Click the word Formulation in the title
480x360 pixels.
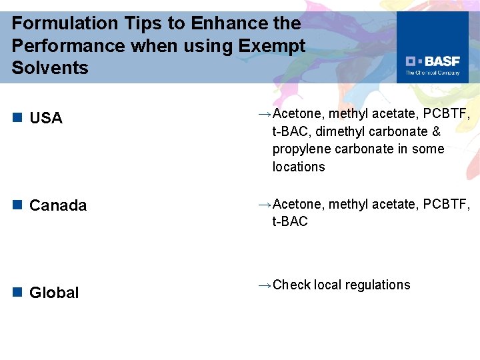pyautogui.click(x=55, y=23)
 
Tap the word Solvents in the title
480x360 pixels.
pyautogui.click(x=50, y=68)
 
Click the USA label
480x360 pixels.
pyautogui.click(x=46, y=119)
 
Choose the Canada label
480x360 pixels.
pyautogui.click(x=58, y=206)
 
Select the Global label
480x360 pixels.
pyautogui.click(x=54, y=293)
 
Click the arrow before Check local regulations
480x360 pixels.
pyautogui.click(x=264, y=285)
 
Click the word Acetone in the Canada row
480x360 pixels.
pyautogui.click(x=297, y=203)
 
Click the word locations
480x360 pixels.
pyautogui.click(x=299, y=167)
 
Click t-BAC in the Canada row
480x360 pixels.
pyautogui.click(x=290, y=221)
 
